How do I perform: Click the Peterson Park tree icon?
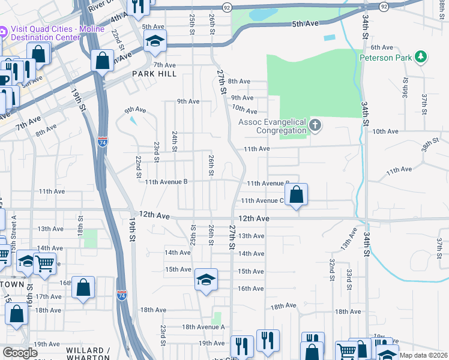point(421,57)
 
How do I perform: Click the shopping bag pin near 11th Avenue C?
point(296,194)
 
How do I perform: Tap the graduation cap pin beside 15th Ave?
point(206,280)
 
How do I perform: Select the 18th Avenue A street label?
point(203,327)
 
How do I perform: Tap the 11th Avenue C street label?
point(262,201)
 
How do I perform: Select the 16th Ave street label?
point(250,289)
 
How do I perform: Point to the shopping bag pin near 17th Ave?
point(83,287)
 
